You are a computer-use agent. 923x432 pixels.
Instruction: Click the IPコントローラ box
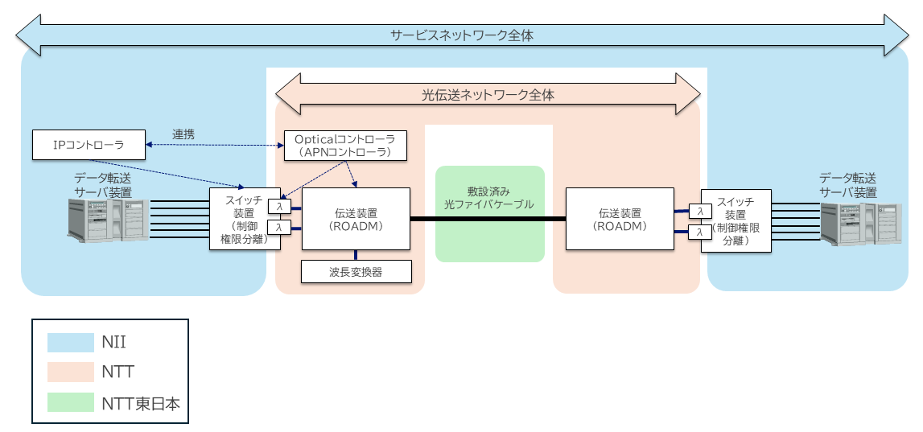pyautogui.click(x=89, y=145)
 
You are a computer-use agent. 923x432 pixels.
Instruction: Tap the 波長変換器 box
pyautogui.click(x=356, y=272)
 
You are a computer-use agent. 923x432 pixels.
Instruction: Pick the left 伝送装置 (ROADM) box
pyautogui.click(x=356, y=219)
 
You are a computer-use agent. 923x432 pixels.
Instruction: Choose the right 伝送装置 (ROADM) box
pyautogui.click(x=619, y=219)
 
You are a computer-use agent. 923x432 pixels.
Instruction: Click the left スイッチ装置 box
pyautogui.click(x=239, y=219)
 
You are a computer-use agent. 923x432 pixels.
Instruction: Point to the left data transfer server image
pyautogui.click(x=109, y=220)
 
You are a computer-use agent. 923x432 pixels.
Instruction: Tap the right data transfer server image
pyautogui.click(x=860, y=224)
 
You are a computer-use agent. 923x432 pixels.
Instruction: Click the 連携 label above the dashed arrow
pyautogui.click(x=183, y=134)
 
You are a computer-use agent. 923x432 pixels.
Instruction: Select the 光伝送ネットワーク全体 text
pyautogui.click(x=488, y=94)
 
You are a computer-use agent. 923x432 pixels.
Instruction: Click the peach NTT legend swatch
pyautogui.click(x=70, y=372)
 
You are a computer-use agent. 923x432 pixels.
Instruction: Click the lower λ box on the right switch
pyautogui.click(x=700, y=232)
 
